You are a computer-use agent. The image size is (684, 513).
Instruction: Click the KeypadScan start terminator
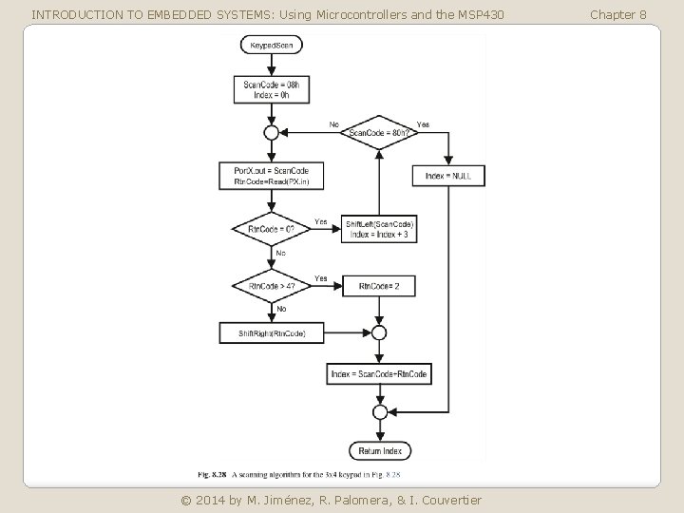272,45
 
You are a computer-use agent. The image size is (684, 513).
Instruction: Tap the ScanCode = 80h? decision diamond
379,132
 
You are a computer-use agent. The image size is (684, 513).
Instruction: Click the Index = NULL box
448,176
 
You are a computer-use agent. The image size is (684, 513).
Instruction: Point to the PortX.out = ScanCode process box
272,176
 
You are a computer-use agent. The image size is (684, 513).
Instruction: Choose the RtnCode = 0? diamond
272,229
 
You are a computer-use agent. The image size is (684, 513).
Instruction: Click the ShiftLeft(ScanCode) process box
379,229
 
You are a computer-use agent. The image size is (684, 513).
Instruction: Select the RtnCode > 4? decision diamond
272,286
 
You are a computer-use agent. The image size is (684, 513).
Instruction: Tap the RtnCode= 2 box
379,286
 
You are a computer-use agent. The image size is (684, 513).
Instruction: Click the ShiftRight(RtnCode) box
272,332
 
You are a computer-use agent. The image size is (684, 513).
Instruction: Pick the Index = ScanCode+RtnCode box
379,374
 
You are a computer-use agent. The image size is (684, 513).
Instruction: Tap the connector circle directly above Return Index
379,412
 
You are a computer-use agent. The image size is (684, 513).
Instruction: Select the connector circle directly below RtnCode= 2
379,332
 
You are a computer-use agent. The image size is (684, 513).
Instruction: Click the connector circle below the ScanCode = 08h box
272,132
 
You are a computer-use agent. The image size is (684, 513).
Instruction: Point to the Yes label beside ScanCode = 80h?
424,123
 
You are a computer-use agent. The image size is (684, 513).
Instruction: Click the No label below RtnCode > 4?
281,309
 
